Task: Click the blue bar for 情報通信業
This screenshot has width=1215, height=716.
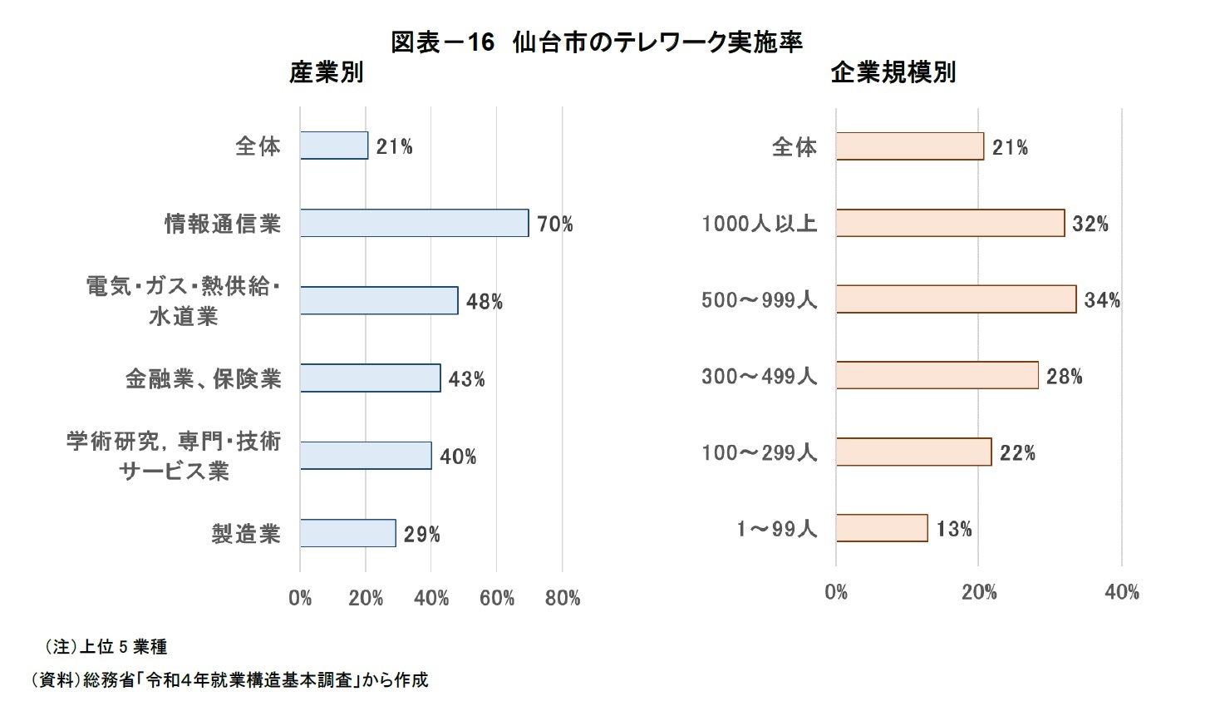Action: tap(414, 223)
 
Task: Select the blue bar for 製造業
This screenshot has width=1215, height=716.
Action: tap(347, 533)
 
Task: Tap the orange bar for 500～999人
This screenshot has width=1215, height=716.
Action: tap(956, 299)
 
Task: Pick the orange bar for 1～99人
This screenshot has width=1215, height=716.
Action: tap(882, 528)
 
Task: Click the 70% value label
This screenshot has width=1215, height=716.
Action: tap(554, 224)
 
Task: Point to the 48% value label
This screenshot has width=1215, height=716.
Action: tap(484, 301)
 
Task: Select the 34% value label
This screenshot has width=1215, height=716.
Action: tap(1102, 300)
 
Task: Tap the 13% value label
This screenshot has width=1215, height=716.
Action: tap(953, 529)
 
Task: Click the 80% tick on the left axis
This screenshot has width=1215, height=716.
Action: tap(563, 598)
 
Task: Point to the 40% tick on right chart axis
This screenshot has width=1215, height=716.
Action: tap(1121, 592)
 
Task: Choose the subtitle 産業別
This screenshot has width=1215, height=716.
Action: tap(326, 72)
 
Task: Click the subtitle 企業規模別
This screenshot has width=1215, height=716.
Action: tap(893, 72)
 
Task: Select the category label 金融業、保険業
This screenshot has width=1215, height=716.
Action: tap(204, 379)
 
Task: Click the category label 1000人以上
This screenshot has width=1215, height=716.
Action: tap(759, 223)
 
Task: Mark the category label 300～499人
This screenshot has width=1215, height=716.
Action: tap(759, 376)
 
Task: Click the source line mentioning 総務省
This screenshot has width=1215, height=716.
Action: tap(229, 679)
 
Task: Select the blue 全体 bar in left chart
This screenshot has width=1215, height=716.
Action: tap(333, 146)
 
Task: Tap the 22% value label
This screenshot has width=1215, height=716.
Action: tap(1017, 453)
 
